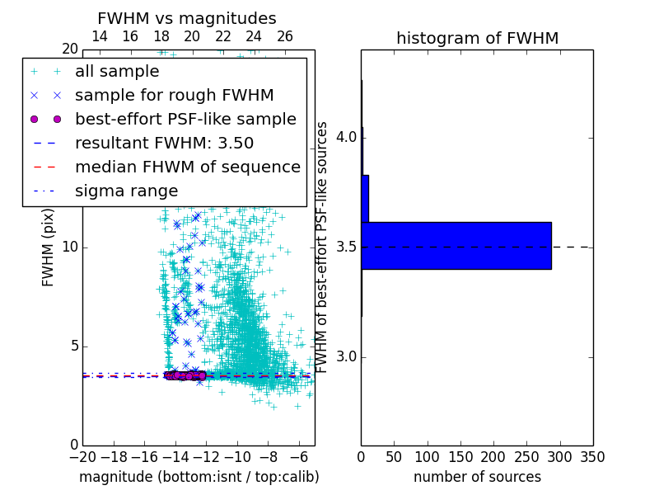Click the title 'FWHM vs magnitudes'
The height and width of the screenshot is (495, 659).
click(x=187, y=18)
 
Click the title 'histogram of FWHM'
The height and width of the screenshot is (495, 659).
click(x=477, y=38)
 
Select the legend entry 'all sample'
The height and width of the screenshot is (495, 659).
click(x=117, y=72)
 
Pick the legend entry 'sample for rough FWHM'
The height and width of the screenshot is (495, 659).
click(x=174, y=96)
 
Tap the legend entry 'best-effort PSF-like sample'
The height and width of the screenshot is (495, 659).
click(x=185, y=120)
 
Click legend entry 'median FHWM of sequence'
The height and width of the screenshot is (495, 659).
click(x=187, y=167)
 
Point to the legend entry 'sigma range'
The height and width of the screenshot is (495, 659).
click(x=126, y=191)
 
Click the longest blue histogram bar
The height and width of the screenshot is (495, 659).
click(x=456, y=246)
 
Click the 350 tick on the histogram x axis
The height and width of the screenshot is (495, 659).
click(x=592, y=456)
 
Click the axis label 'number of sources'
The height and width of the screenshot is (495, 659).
click(x=477, y=477)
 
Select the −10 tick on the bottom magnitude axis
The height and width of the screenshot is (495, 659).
click(x=237, y=456)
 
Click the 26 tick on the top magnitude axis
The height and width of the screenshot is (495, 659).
click(x=285, y=36)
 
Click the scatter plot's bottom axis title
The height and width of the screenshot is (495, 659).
click(x=199, y=477)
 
